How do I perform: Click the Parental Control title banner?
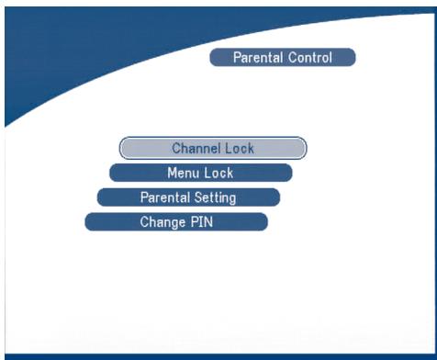pyautogui.click(x=282, y=58)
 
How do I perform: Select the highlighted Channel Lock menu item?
pyautogui.click(x=212, y=148)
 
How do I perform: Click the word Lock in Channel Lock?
pyautogui.click(x=239, y=148)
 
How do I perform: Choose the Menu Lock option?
pyautogui.click(x=200, y=173)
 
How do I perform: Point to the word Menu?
pyautogui.click(x=182, y=173)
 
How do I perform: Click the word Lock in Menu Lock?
pyautogui.click(x=218, y=173)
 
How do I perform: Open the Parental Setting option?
pyautogui.click(x=188, y=197)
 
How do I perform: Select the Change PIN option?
pyautogui.click(x=176, y=222)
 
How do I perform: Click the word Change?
pyautogui.click(x=161, y=222)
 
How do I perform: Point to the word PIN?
pyautogui.click(x=200, y=222)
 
